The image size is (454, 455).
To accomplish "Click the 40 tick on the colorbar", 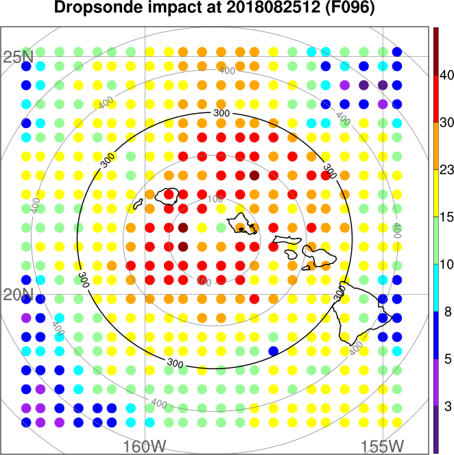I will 445,75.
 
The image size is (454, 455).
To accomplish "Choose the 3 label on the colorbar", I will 445,406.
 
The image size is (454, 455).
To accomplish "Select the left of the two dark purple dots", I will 363,85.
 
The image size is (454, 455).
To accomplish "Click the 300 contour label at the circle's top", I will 221,112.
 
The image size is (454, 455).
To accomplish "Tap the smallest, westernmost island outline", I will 139,204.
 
